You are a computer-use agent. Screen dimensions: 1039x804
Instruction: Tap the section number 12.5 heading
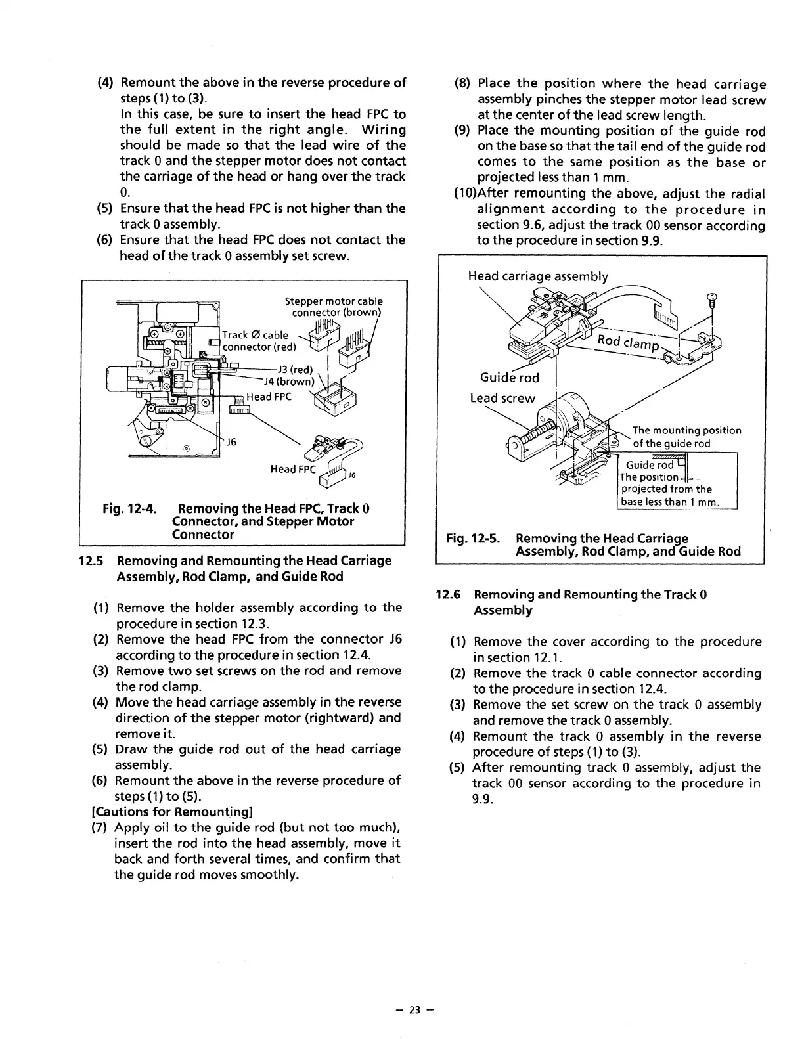[x=89, y=561]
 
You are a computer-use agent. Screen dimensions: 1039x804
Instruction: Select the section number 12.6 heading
[x=449, y=595]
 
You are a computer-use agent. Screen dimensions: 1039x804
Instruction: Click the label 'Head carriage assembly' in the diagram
[x=537, y=276]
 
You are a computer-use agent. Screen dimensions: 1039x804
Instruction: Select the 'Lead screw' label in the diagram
[x=502, y=398]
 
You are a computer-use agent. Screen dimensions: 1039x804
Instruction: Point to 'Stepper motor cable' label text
[x=333, y=301]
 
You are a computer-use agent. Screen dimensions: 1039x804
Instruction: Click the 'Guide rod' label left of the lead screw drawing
[x=509, y=378]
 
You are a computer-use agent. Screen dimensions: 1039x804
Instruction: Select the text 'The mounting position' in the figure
[x=686, y=431]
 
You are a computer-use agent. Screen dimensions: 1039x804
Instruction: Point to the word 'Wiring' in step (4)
[x=384, y=130]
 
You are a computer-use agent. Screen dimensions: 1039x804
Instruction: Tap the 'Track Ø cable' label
[x=256, y=335]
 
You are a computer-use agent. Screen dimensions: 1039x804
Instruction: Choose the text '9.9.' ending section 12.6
[x=482, y=799]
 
